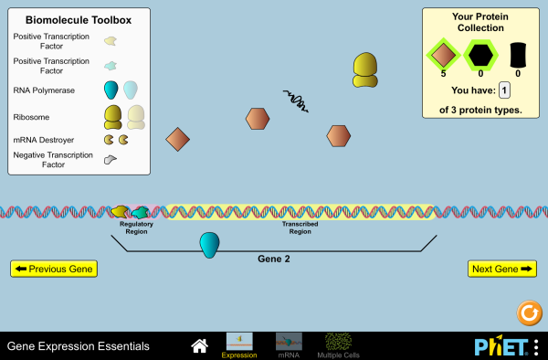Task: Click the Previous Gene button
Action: (53, 269)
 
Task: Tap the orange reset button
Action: (528, 313)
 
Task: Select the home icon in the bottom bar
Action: (199, 346)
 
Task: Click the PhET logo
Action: (501, 347)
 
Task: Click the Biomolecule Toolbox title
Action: (79, 19)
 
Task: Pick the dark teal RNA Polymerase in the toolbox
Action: (111, 90)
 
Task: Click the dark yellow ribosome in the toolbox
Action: (113, 116)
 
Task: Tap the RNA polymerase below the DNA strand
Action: (210, 244)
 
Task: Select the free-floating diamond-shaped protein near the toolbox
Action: (177, 139)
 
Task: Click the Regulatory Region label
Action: (136, 228)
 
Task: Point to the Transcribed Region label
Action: (298, 228)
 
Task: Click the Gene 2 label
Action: (274, 259)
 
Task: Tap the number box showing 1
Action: (504, 90)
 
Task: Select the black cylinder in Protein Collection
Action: (518, 55)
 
